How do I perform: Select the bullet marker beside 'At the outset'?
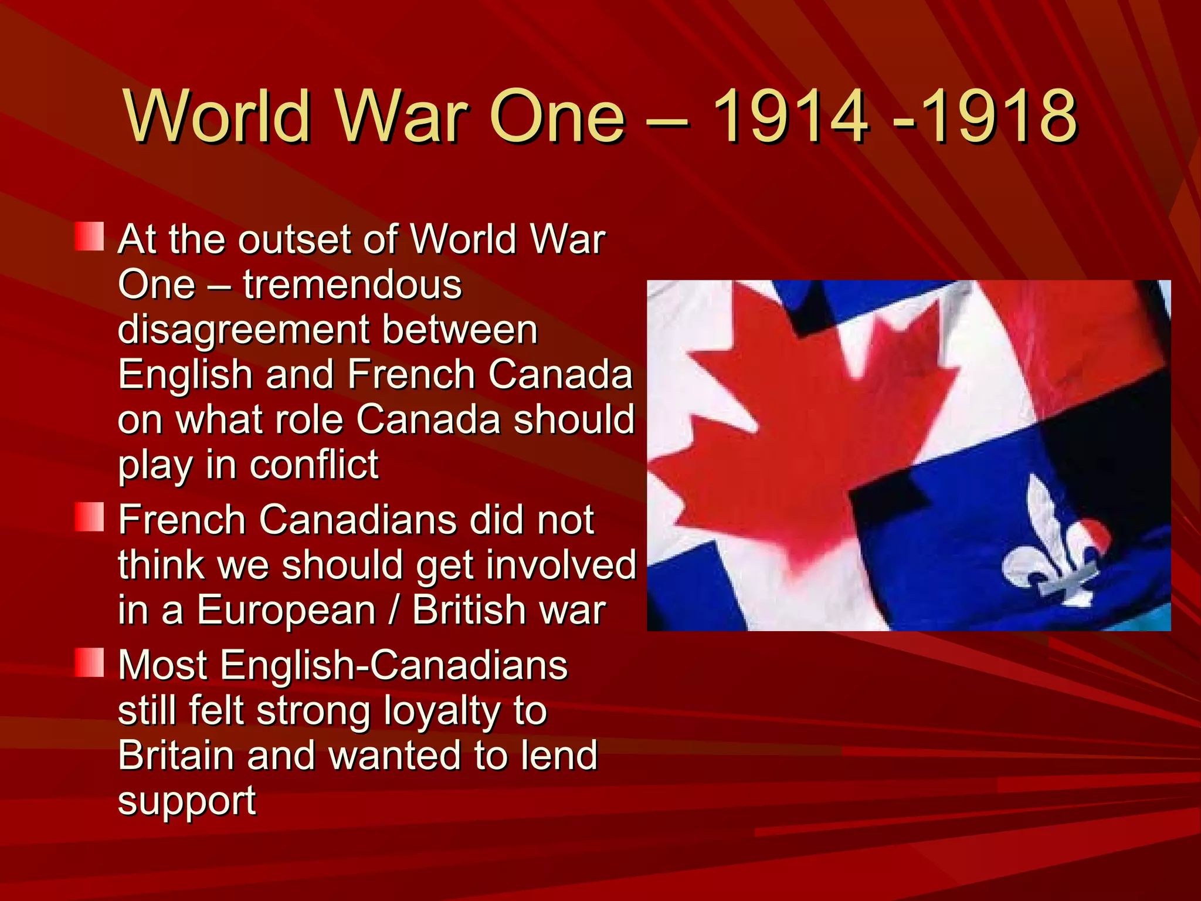90,236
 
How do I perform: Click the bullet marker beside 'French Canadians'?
90,517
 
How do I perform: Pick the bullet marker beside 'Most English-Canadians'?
90,662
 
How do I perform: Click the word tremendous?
352,285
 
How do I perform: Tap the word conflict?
314,465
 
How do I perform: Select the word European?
286,610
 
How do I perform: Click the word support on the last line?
187,801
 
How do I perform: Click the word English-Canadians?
394,666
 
